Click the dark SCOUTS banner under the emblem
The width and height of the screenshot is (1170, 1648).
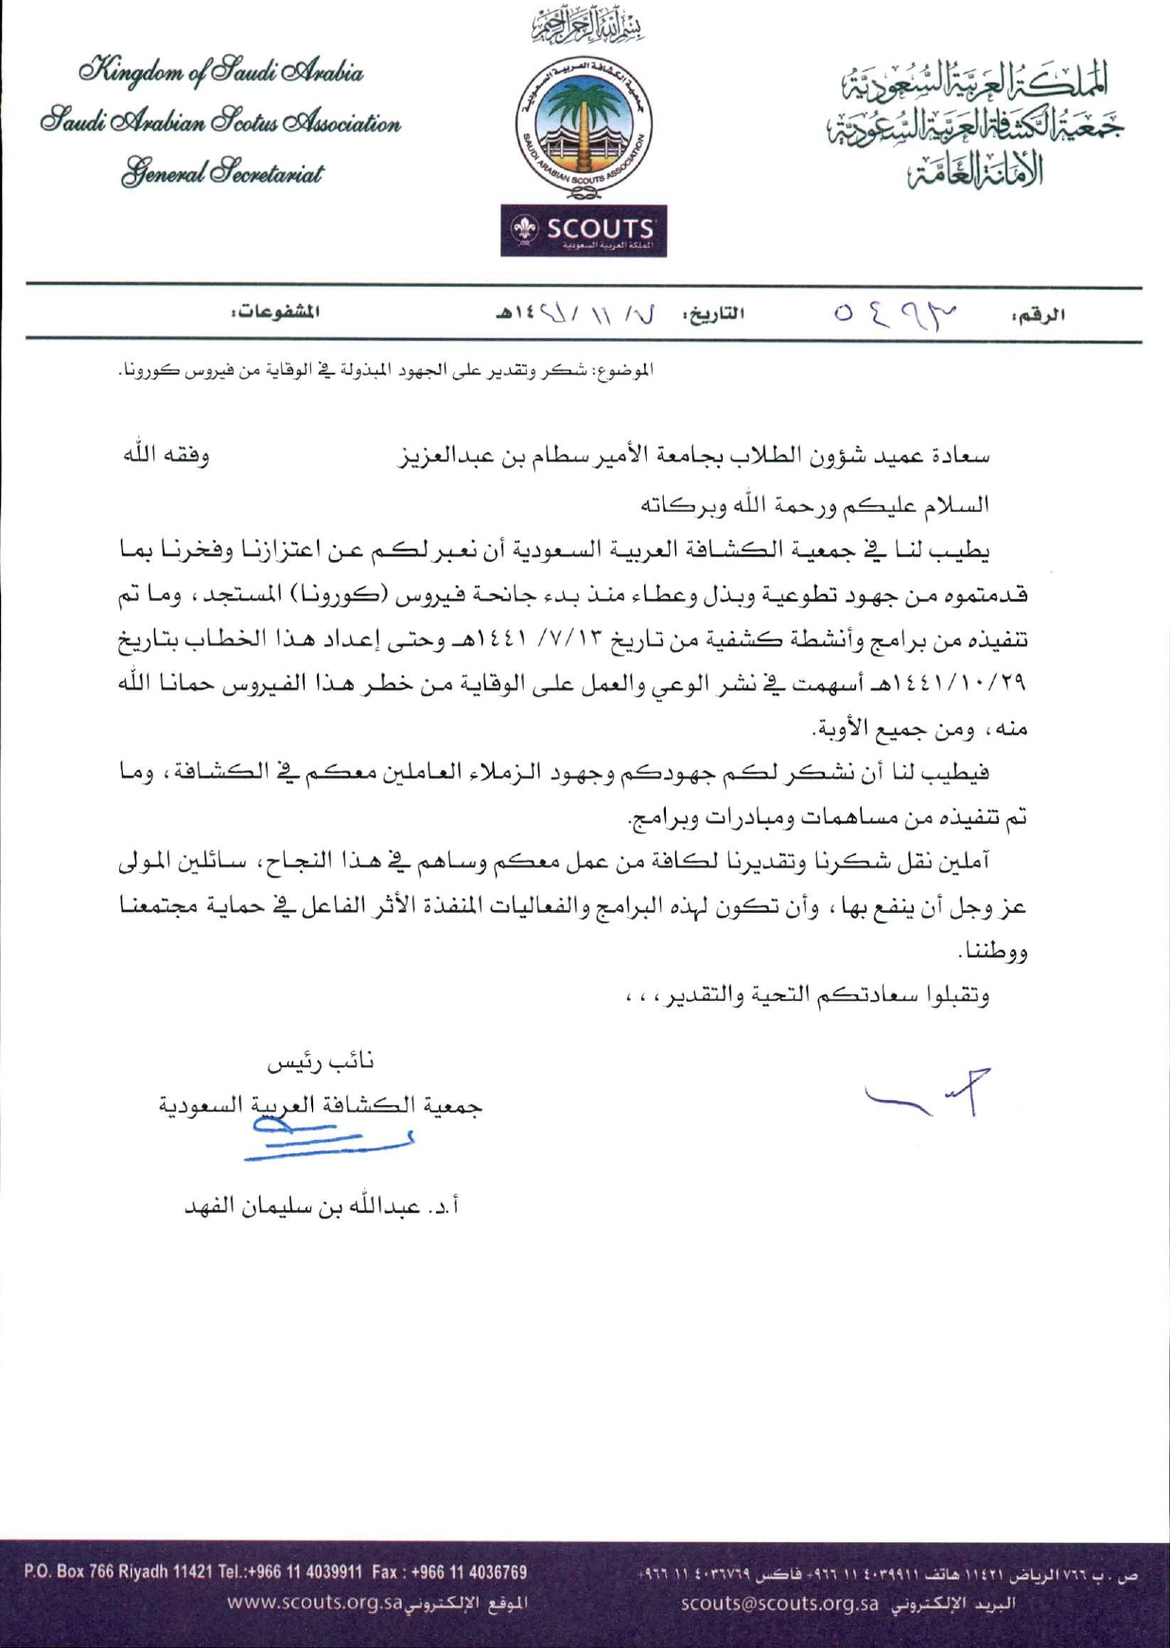pyautogui.click(x=584, y=230)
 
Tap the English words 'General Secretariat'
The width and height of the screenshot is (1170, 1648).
pyautogui.click(x=221, y=174)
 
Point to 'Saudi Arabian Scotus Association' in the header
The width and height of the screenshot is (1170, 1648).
pyautogui.click(x=221, y=123)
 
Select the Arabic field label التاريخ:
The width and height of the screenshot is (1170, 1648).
pyautogui.click(x=714, y=312)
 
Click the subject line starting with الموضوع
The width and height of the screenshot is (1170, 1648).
pyautogui.click(x=387, y=370)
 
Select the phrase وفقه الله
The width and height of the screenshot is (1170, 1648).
pyautogui.click(x=166, y=455)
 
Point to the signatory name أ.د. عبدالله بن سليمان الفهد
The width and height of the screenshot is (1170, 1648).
pyautogui.click(x=322, y=1207)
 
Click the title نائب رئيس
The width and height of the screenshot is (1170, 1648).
pyautogui.click(x=321, y=1062)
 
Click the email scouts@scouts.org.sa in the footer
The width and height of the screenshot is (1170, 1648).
pyautogui.click(x=780, y=1604)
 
